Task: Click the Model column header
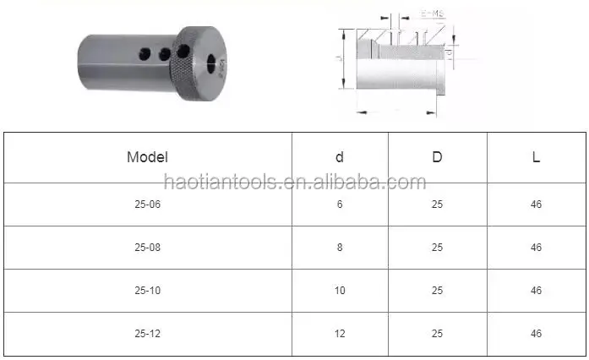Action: pyautogui.click(x=147, y=156)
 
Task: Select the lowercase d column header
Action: pyautogui.click(x=340, y=156)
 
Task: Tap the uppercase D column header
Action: pyautogui.click(x=437, y=156)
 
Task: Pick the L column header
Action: pyautogui.click(x=536, y=156)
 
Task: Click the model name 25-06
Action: pyautogui.click(x=147, y=205)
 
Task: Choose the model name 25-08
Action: pyautogui.click(x=147, y=248)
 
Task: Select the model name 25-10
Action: pyautogui.click(x=147, y=291)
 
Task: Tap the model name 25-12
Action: pyautogui.click(x=147, y=334)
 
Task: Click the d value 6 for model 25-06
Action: pyautogui.click(x=340, y=205)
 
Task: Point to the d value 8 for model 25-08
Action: pyautogui.click(x=340, y=248)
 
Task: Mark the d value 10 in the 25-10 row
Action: pyautogui.click(x=340, y=291)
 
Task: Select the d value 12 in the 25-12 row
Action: pyautogui.click(x=340, y=334)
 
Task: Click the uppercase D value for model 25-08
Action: pyautogui.click(x=437, y=248)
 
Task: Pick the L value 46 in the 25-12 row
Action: pyautogui.click(x=536, y=334)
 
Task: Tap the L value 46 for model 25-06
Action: pyautogui.click(x=536, y=205)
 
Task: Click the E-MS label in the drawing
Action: pyautogui.click(x=431, y=14)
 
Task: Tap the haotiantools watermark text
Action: pyautogui.click(x=294, y=181)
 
